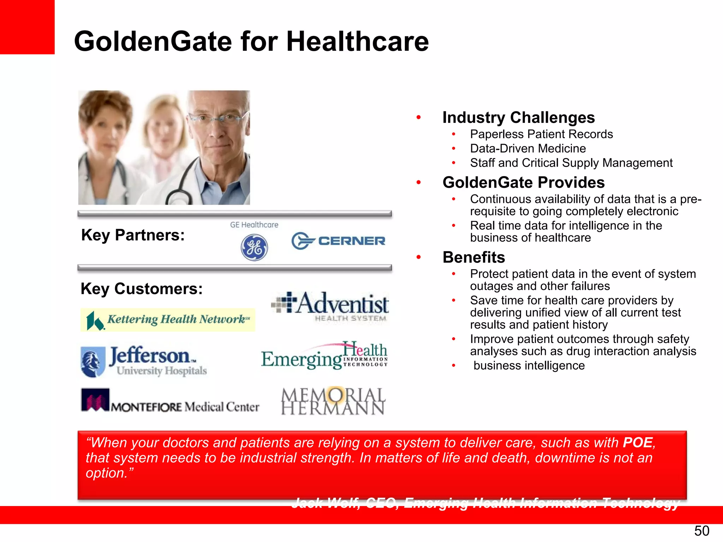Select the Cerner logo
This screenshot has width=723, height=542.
pos(338,241)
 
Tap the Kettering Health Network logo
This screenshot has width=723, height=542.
pos(168,320)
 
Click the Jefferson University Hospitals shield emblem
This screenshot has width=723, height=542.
pos(92,362)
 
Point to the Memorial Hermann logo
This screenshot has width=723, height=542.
pos(333,401)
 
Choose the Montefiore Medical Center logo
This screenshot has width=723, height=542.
pos(170,401)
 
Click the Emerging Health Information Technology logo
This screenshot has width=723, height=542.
pos(324,356)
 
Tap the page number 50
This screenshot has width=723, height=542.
pos(701,531)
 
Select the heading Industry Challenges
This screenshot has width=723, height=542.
pos(518,118)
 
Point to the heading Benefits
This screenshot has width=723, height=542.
pos(473,257)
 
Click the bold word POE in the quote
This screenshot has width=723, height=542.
pos(638,442)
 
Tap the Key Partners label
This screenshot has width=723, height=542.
pos(133,235)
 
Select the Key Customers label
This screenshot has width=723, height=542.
pos(142,289)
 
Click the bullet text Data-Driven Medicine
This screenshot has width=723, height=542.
pos(528,149)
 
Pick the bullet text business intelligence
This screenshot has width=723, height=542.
pos(529,366)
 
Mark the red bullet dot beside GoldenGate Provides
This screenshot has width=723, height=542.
pos(418,182)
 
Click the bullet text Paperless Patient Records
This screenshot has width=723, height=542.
pos(541,134)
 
